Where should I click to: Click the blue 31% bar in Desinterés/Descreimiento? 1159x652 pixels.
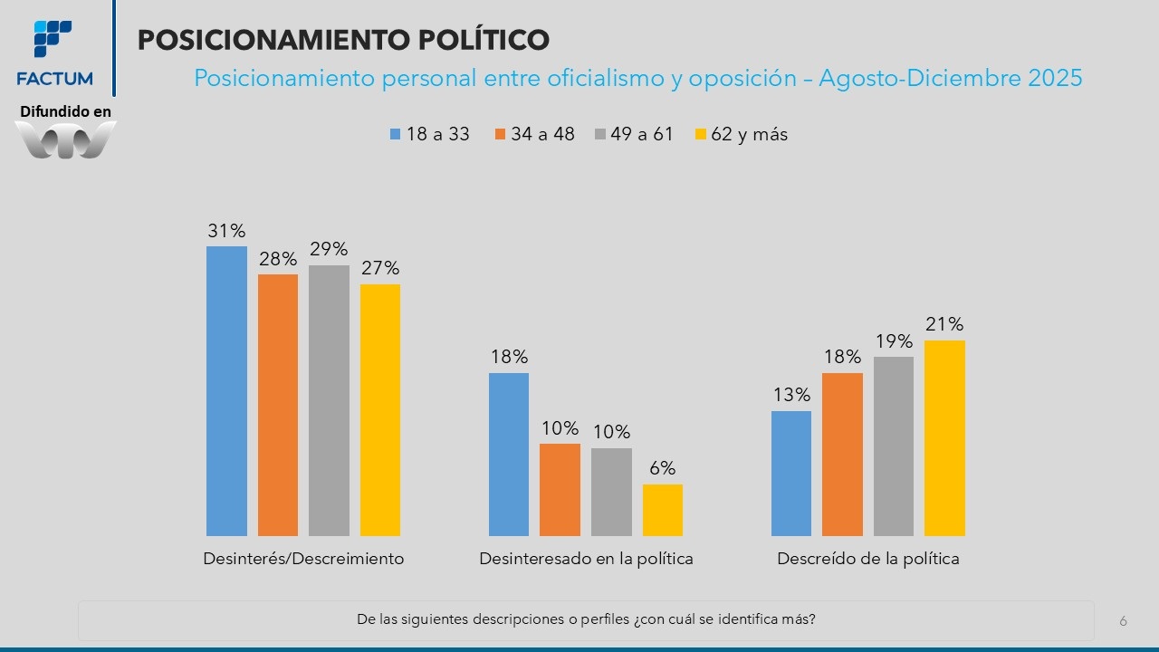pos(226,390)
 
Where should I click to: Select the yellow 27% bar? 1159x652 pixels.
pos(380,409)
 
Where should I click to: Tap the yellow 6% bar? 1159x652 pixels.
pos(663,510)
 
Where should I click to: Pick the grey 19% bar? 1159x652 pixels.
pos(894,446)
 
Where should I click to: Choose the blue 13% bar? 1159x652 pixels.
pos(791,473)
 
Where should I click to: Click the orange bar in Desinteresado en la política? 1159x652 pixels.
pos(560,489)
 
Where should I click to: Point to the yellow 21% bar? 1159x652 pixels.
pos(944,437)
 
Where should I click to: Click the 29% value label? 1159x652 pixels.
pos(329,249)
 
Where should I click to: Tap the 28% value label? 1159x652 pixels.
pos(277,259)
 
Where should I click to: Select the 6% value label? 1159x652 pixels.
pos(663,469)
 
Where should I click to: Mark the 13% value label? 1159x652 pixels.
pos(791,395)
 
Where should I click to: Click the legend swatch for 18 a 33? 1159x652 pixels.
pos(395,135)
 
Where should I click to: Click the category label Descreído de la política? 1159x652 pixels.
pos(867,559)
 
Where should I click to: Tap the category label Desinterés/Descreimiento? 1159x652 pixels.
pos(303,559)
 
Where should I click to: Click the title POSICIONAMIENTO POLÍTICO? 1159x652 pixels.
pos(343,40)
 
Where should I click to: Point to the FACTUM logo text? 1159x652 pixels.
pos(54,79)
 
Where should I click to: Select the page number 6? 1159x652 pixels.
pos(1124,621)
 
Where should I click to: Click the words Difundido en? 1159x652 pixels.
pos(65,111)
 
